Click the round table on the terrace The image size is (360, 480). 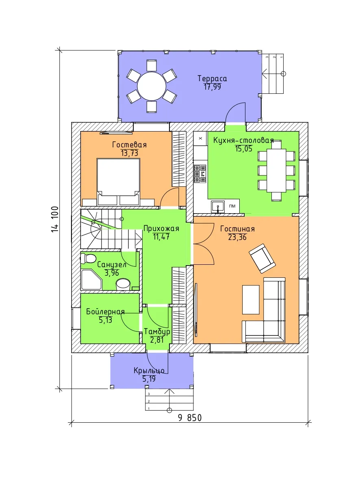coord(152,86)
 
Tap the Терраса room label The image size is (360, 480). coord(212,79)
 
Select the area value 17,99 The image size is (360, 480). coord(213,87)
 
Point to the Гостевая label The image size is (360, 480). coord(129,145)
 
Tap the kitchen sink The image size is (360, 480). coord(217,207)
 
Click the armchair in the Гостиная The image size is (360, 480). coord(262,258)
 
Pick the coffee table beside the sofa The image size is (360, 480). coord(251,300)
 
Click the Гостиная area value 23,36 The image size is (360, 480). coord(237,237)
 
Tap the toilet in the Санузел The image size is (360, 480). coord(88,259)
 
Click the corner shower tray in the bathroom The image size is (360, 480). coord(91,279)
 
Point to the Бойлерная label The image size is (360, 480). coord(105,311)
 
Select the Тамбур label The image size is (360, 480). coord(157,331)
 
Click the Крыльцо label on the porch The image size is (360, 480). coord(149,371)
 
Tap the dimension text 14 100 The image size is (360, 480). coord(55,219)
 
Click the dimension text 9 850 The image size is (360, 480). coord(190,417)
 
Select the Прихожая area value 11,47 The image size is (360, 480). coord(161,237)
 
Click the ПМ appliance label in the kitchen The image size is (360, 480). coord(232,206)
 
